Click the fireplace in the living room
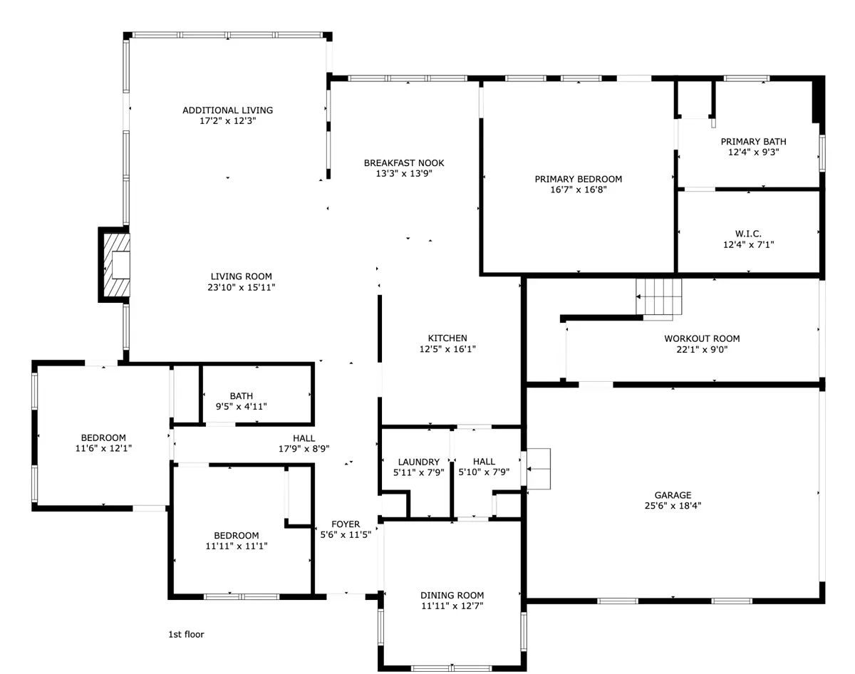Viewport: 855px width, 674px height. tap(115, 264)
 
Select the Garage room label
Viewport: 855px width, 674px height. tap(673, 495)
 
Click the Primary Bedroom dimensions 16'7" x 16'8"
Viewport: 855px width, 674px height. tap(579, 190)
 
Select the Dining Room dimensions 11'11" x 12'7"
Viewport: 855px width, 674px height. tap(452, 606)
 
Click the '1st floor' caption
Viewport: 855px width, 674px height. tap(187, 634)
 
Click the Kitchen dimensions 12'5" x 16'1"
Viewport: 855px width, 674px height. tap(447, 349)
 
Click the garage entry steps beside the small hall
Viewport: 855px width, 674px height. tap(539, 469)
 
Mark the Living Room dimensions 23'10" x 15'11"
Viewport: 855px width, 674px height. tap(241, 287)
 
